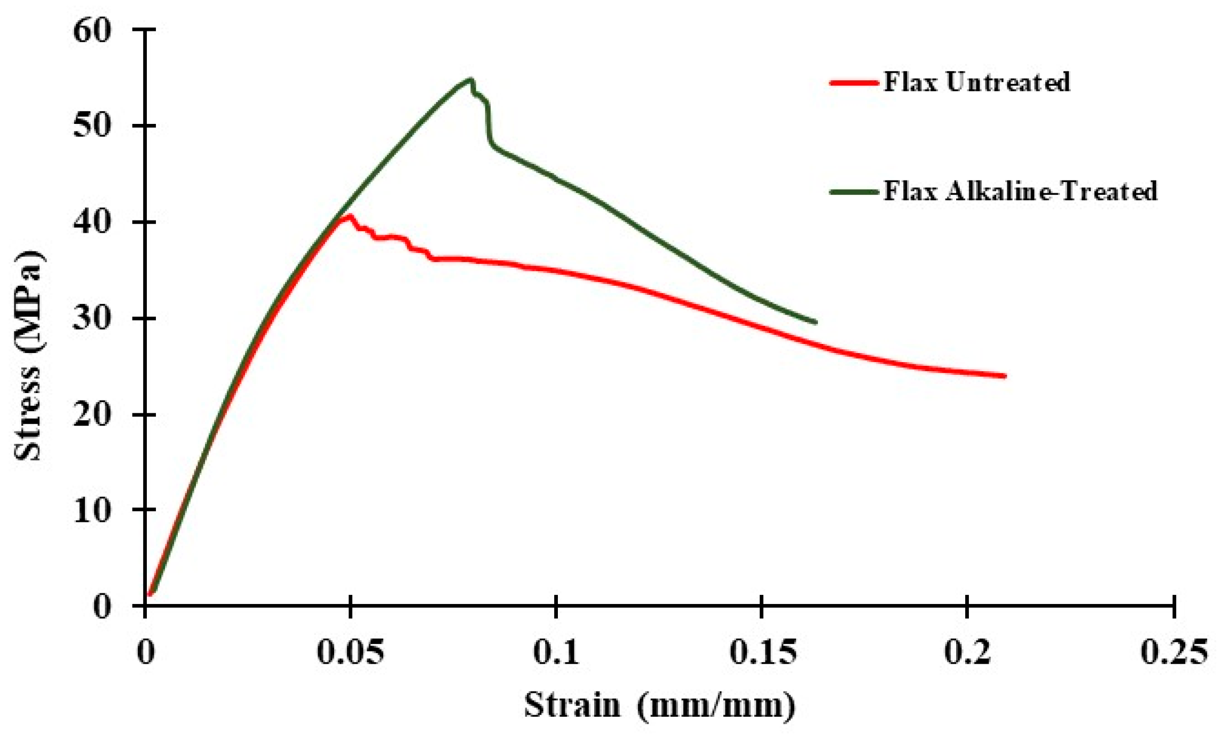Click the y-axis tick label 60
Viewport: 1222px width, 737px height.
[92, 30]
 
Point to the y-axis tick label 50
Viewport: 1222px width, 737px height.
[92, 127]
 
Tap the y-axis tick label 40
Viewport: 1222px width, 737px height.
[92, 223]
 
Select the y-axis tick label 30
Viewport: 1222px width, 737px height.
[92, 319]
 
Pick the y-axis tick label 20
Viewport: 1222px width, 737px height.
[92, 415]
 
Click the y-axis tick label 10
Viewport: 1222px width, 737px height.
[92, 511]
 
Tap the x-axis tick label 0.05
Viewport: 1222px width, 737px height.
[350, 653]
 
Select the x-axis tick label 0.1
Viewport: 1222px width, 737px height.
[556, 653]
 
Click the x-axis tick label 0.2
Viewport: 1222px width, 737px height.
[967, 653]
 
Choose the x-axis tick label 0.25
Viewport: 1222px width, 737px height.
[1173, 653]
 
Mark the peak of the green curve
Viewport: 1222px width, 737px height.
[470, 80]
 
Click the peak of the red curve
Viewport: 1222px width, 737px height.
[350, 215]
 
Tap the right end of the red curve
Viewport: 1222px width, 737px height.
[1005, 376]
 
